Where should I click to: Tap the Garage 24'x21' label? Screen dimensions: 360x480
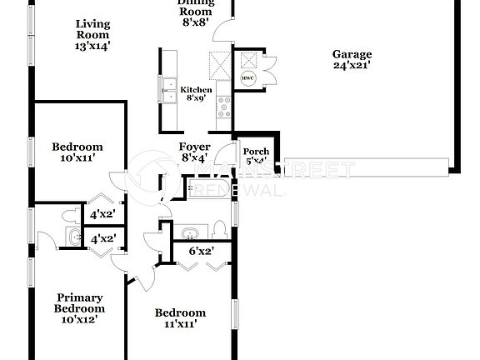coord(352,59)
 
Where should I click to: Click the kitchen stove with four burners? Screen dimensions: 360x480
coord(223,104)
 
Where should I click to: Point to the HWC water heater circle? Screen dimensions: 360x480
coord(247,78)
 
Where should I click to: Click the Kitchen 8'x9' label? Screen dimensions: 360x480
coord(197,93)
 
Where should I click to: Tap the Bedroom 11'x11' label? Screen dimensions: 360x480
coord(180,318)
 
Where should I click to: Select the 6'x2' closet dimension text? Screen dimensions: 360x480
coord(200,250)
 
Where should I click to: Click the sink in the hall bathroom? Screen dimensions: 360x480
coord(190,232)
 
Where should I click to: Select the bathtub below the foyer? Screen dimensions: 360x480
coord(207,189)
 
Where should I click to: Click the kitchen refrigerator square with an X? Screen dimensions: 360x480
coord(218,64)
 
